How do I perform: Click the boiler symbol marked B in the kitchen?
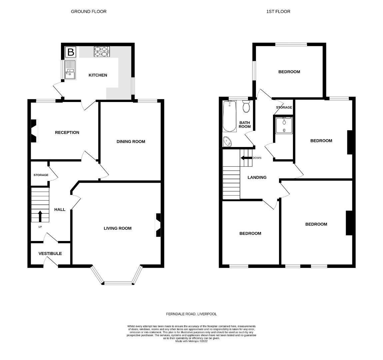[x=71, y=52]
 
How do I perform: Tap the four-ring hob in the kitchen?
[x=102, y=51]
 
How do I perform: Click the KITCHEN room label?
[x=98, y=75]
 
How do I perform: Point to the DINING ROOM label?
[x=131, y=141]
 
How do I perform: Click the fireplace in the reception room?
[x=34, y=131]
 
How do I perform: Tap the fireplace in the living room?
[x=158, y=225]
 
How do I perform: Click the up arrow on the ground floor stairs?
[x=40, y=216]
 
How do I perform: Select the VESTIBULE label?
[x=50, y=253]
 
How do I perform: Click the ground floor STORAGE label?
[x=41, y=175]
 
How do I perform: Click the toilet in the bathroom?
[x=247, y=106]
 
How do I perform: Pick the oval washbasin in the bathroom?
[x=228, y=141]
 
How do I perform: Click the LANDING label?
[x=257, y=177]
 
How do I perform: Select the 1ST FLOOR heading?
[x=278, y=11]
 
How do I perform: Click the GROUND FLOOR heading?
[x=89, y=11]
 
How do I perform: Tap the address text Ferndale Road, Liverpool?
[x=191, y=314]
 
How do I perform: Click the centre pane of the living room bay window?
[x=119, y=283]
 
